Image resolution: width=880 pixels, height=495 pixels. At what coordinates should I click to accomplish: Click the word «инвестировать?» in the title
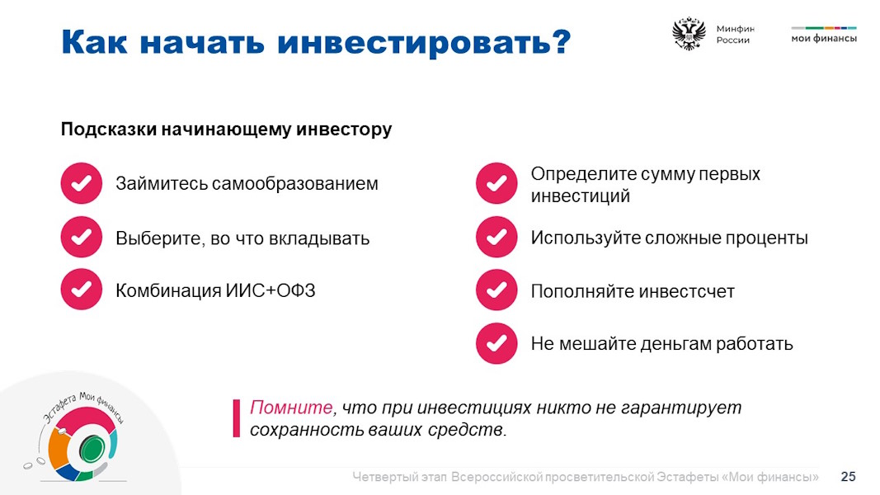(424, 42)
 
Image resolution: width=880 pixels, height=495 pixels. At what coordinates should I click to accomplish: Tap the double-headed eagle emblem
(689, 34)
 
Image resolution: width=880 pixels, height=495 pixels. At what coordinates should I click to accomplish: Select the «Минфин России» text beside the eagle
(735, 34)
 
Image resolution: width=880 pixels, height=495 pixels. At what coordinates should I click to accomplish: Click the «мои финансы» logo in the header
(824, 35)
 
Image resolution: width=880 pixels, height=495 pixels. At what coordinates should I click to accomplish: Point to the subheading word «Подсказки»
(108, 130)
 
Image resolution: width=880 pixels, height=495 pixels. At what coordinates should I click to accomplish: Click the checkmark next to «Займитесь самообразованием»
(82, 183)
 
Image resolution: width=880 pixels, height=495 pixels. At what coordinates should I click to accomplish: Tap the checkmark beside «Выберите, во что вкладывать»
(82, 237)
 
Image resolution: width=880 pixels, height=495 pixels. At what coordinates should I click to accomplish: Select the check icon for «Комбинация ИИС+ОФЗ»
(82, 290)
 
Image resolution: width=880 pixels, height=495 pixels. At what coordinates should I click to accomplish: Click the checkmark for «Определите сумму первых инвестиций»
(496, 183)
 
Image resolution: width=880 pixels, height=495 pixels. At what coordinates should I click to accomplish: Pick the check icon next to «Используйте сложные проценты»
(496, 237)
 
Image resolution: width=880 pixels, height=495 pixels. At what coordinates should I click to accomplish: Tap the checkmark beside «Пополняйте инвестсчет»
(496, 290)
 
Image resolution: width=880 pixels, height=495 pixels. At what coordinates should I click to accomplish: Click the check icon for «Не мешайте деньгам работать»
(496, 343)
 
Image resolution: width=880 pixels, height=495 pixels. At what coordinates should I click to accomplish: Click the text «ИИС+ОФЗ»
(271, 290)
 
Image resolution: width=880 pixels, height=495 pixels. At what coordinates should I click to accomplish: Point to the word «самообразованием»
(295, 183)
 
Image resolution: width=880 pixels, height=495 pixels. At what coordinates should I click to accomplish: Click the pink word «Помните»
(291, 408)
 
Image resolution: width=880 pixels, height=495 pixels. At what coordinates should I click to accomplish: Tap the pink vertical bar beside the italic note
(236, 418)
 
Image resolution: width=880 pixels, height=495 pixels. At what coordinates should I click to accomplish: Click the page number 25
(848, 477)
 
